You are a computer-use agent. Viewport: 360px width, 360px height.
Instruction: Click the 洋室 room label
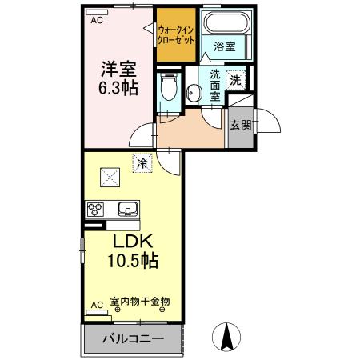coord(118,69)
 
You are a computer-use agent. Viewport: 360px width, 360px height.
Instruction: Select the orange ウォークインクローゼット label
coord(175,34)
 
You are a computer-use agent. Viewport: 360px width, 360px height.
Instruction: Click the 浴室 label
coord(224,47)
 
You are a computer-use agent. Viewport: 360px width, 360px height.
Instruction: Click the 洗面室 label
coord(214,85)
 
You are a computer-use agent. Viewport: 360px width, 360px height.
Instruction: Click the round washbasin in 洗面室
coord(193,93)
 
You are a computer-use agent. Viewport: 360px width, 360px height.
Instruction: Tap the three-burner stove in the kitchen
coord(96,210)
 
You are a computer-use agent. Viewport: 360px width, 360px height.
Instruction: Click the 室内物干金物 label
coord(139,302)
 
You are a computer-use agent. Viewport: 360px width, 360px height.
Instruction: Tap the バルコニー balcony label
coord(133,339)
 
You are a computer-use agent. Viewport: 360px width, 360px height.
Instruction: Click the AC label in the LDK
coord(97,306)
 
